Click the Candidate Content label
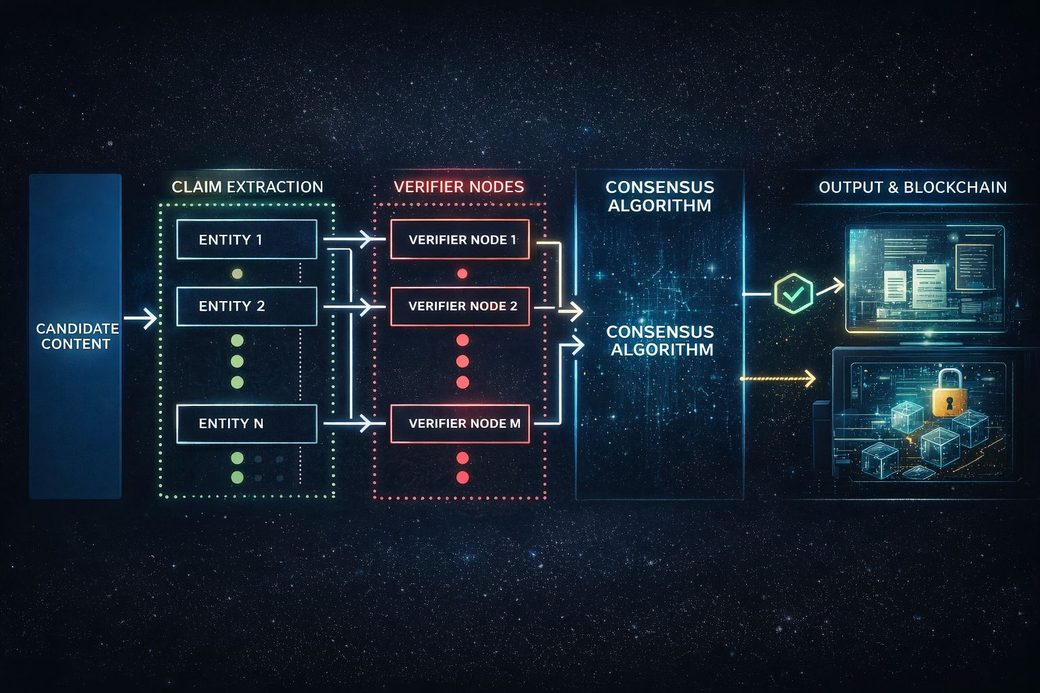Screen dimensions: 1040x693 77,336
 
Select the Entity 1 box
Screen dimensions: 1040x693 246,240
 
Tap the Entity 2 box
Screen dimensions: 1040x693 246,306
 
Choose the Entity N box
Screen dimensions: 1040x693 246,424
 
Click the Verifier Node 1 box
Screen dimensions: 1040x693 460,240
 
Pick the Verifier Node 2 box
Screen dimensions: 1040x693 460,306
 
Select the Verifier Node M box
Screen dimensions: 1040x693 460,424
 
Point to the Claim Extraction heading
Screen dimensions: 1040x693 247,187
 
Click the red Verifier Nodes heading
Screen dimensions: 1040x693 458,187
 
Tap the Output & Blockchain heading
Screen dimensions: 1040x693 912,187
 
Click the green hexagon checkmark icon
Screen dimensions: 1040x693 793,293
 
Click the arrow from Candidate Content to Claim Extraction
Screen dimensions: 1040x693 141,318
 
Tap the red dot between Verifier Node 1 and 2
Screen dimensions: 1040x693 462,274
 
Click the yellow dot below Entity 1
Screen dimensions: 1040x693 237,274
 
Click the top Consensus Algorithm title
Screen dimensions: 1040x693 659,196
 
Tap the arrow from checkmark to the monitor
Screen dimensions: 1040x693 830,287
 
